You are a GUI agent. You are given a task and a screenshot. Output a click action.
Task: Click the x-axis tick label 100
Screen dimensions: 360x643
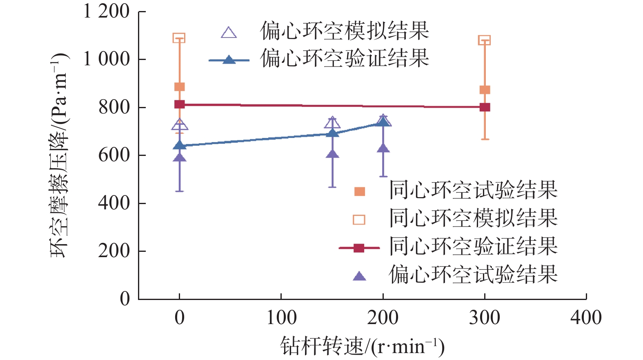[x=281, y=318]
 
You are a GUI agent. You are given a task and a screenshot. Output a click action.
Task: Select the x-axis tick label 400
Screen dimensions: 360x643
[x=586, y=318]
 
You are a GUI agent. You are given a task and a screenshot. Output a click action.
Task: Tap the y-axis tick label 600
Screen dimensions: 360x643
[x=114, y=155]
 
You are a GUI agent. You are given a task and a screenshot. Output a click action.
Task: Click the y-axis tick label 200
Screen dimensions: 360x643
[x=114, y=251]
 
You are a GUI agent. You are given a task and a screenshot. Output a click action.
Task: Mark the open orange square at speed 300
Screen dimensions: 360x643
[x=484, y=40]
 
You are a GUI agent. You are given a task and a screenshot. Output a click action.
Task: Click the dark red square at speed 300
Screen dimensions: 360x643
[x=485, y=107]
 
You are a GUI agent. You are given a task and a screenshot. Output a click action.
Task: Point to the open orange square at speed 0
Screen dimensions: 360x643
[x=179, y=38]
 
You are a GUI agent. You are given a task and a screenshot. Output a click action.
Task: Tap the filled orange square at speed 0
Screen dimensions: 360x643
[x=179, y=87]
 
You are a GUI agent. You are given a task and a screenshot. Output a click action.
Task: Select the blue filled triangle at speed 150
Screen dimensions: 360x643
[x=332, y=133]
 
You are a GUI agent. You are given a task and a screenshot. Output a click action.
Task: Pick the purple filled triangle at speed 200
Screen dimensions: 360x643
[x=383, y=148]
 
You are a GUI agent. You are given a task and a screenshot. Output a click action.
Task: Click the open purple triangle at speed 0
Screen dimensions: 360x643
[x=179, y=125]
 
